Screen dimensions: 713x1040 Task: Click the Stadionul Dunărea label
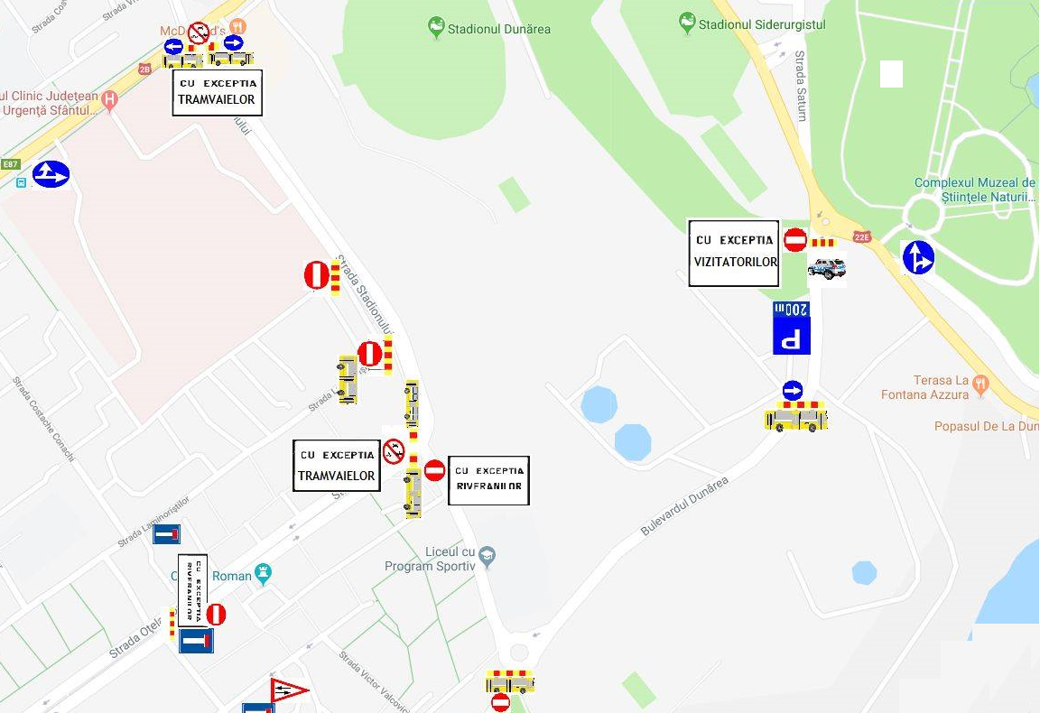coord(499,29)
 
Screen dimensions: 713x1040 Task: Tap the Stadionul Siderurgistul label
coord(762,24)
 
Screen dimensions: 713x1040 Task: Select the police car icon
coord(827,268)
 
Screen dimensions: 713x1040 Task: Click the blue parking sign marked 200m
coord(792,329)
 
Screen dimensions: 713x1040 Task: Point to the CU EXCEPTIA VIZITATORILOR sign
coord(734,253)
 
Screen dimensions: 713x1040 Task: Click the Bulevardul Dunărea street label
coord(684,506)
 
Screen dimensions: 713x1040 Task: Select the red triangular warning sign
coord(288,691)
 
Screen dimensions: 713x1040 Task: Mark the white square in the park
coord(891,74)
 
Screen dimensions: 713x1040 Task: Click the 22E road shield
coord(862,237)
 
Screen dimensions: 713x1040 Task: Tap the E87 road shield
coord(11,164)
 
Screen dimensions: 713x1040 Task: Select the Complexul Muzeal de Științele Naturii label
coord(974,190)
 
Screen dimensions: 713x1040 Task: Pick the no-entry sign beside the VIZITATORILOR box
coord(795,240)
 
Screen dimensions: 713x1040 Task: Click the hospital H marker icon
coord(110,98)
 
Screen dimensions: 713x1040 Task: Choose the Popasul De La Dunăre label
coord(986,426)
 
